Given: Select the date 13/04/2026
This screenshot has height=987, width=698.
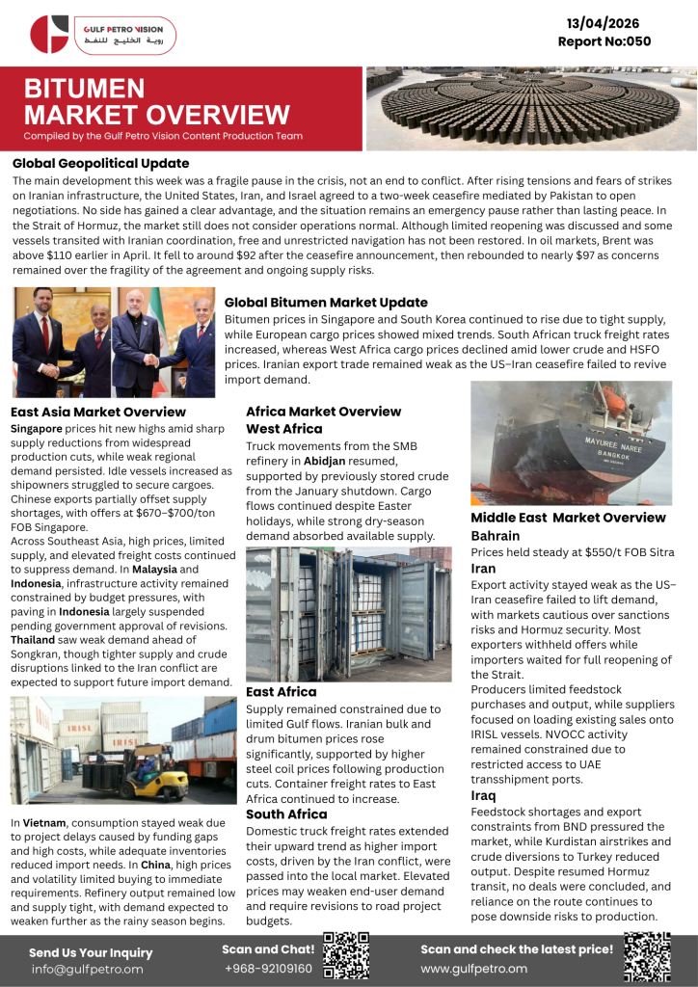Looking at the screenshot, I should coord(604,23).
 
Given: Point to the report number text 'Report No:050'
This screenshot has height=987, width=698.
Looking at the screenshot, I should coord(604,41).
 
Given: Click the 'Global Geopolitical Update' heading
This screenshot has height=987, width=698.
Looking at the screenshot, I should coord(101,164).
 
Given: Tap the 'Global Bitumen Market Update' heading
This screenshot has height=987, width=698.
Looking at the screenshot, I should coord(326,303).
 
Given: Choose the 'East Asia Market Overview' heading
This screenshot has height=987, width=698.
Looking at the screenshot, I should coord(99,412).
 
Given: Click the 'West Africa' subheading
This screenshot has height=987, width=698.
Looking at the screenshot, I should coord(284,429).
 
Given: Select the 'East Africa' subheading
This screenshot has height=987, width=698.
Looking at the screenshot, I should coord(282,691).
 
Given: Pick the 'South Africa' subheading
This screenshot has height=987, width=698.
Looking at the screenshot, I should coord(286,814).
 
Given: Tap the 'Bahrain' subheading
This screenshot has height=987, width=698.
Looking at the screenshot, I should coord(496,535).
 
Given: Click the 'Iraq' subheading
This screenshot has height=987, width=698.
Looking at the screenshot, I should coord(483,795).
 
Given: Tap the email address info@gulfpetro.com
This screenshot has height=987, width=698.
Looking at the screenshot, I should coord(87,969).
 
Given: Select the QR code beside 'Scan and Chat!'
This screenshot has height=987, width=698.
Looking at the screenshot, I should coord(346,956).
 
